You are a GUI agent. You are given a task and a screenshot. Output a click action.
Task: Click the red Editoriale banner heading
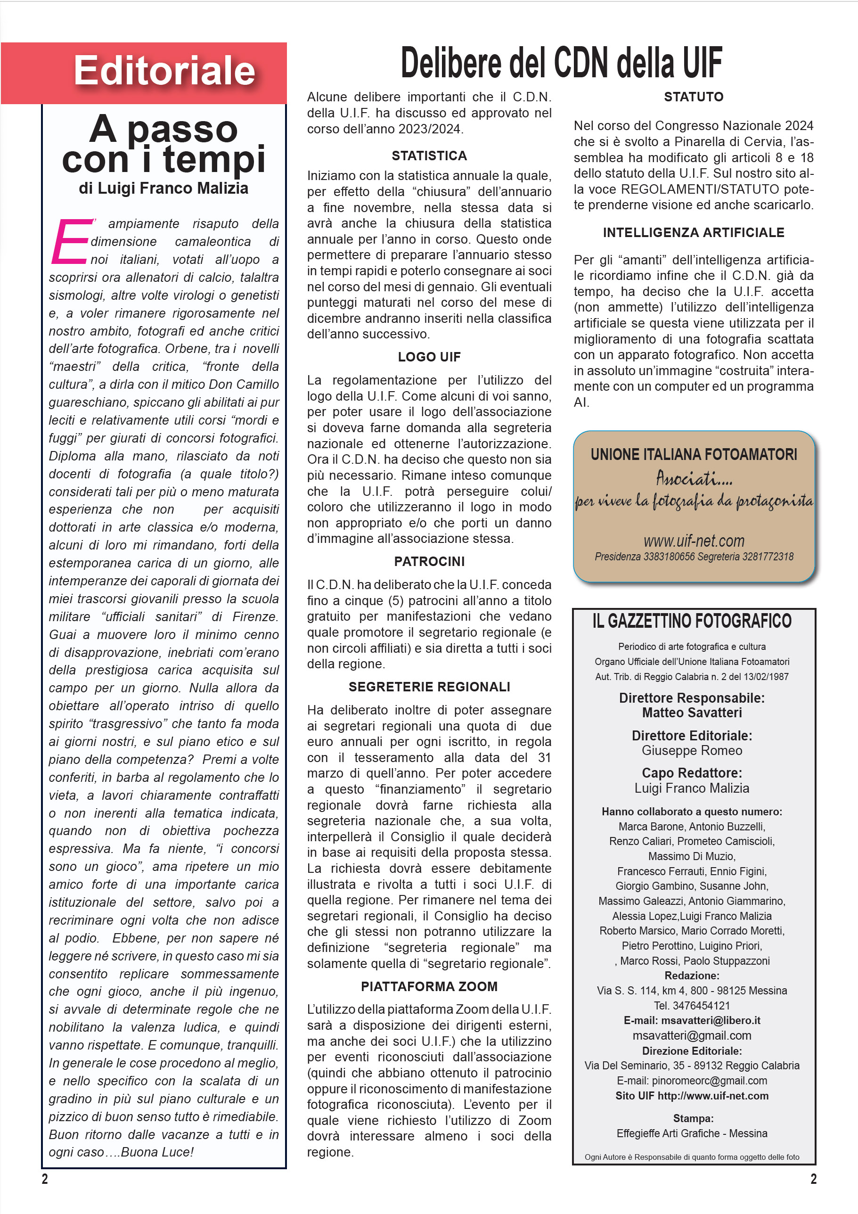point(164,71)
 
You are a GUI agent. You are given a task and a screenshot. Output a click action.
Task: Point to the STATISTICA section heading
point(429,156)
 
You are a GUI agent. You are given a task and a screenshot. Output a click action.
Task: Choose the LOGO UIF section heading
point(429,357)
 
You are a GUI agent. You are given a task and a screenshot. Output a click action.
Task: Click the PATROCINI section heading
point(429,562)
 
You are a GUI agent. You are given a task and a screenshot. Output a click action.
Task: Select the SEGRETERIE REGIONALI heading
point(429,687)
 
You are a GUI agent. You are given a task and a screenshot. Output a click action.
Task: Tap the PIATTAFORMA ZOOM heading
point(429,987)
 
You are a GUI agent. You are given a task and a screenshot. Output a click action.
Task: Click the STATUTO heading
point(693,97)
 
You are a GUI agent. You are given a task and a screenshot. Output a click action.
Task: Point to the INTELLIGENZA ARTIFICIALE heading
point(693,233)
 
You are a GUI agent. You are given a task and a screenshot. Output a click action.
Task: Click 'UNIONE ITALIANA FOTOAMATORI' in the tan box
point(693,455)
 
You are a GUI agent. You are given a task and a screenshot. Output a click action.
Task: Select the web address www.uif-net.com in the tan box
point(693,541)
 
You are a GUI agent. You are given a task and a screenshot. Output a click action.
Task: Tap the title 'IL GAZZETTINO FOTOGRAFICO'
point(692,621)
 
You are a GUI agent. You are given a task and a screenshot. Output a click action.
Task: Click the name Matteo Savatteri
point(692,713)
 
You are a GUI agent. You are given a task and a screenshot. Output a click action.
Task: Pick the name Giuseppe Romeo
point(692,751)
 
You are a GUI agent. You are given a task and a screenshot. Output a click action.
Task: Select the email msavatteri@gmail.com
point(692,1036)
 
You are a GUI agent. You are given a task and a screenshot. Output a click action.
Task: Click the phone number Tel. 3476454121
point(692,1006)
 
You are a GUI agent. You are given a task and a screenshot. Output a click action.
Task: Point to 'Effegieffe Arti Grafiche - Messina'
point(692,1133)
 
